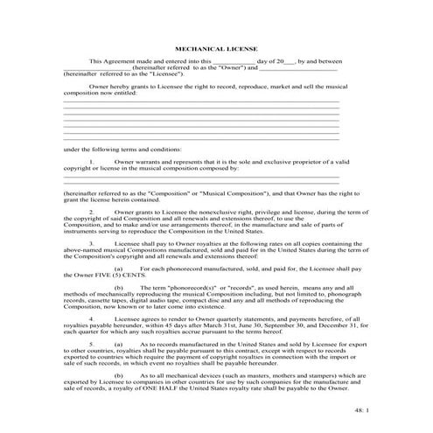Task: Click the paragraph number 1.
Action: click(x=93, y=162)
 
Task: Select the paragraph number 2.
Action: click(x=93, y=211)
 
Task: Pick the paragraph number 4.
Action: click(x=93, y=318)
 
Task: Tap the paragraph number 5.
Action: click(x=93, y=344)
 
